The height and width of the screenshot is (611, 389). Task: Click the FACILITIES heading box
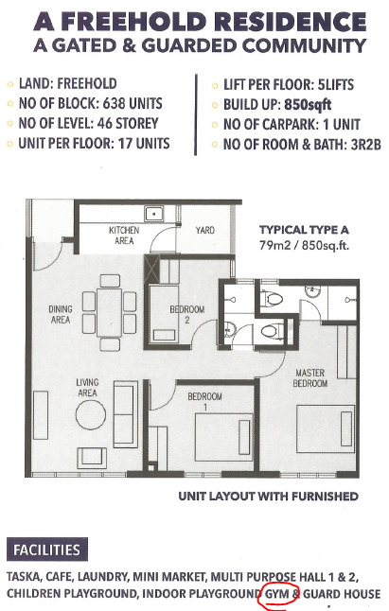tap(47, 549)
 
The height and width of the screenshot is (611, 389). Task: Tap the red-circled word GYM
tap(277, 594)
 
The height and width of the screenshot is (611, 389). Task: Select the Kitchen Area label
tap(124, 236)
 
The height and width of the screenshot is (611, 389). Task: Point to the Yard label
tap(205, 230)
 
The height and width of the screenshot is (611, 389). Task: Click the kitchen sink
tap(154, 214)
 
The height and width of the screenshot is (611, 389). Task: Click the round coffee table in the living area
tap(91, 415)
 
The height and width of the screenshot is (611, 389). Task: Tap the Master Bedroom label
tap(309, 378)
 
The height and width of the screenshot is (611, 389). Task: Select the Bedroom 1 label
tap(204, 401)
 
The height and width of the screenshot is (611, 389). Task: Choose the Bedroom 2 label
tap(187, 314)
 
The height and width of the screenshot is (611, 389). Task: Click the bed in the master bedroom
tap(326, 428)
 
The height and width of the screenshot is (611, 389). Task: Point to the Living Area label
tap(87, 388)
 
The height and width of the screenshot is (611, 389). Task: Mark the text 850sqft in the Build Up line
tap(308, 105)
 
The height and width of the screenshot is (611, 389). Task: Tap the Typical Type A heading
tap(304, 230)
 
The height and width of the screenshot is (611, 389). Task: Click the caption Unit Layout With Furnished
tap(268, 496)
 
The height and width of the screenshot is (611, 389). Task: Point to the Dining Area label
tap(61, 314)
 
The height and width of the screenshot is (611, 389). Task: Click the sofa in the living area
tap(126, 414)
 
